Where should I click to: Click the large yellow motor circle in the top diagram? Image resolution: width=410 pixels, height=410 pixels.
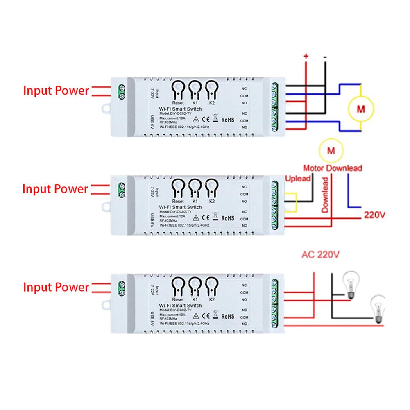361,109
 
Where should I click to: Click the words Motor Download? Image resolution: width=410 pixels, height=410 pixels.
333,168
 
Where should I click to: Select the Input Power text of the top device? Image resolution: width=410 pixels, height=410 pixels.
56,91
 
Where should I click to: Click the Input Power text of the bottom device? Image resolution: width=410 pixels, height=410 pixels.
56,287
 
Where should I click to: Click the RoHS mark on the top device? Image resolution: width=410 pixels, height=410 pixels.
227,120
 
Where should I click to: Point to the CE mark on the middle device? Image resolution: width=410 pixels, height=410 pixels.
207,217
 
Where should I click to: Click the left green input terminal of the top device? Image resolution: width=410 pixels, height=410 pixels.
122,91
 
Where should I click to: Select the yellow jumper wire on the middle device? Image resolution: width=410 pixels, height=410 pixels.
291,202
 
